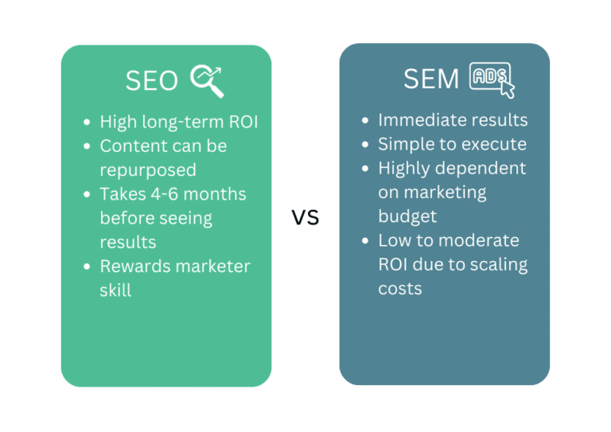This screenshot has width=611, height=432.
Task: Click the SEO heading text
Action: click(x=151, y=80)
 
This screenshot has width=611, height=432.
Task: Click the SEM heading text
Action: click(x=431, y=79)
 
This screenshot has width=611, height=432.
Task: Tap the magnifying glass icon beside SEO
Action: click(x=207, y=80)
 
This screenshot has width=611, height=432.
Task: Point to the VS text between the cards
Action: click(x=305, y=217)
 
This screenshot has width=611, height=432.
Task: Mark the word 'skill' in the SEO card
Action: click(x=115, y=290)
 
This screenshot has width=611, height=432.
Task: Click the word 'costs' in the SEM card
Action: click(x=400, y=288)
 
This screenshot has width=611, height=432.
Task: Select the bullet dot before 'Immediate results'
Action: click(x=364, y=121)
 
